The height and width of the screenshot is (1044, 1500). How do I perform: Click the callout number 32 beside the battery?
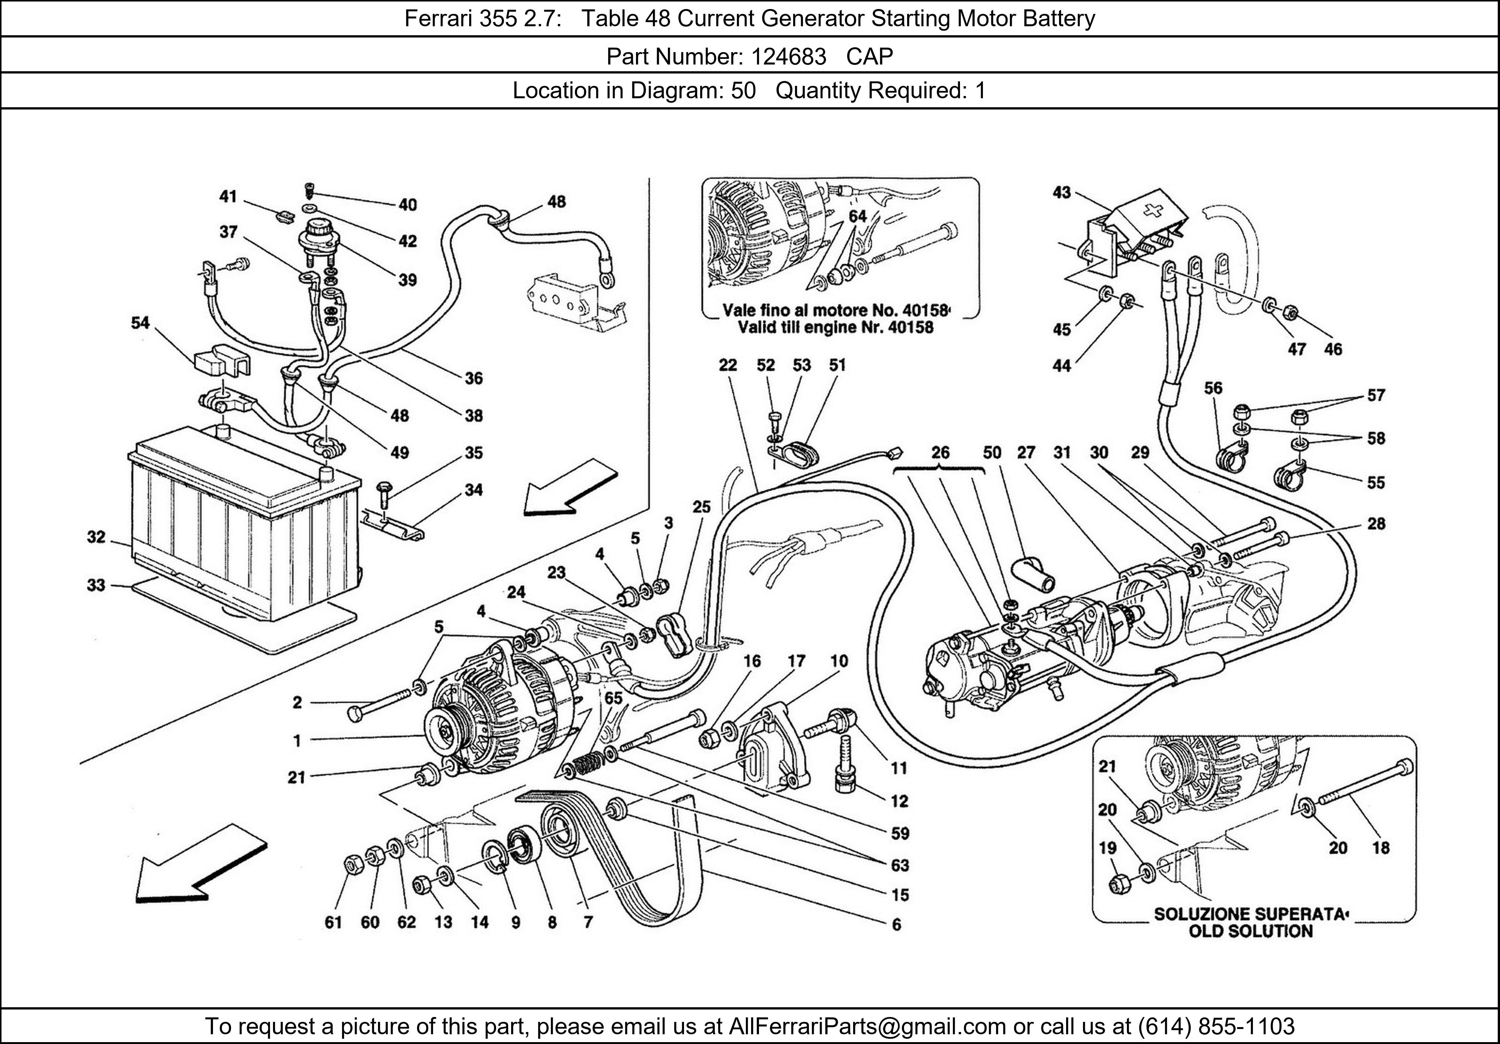click(x=96, y=537)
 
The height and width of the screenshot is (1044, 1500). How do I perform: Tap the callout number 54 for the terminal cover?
click(x=141, y=323)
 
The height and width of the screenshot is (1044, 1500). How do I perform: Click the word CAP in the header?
click(x=870, y=57)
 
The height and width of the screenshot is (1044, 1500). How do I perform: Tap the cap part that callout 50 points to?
click(x=1033, y=575)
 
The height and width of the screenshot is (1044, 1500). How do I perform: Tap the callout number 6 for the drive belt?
click(x=896, y=924)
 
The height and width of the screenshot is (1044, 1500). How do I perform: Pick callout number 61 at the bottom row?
click(x=333, y=922)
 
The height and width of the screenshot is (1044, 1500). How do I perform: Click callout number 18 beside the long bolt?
click(x=1380, y=848)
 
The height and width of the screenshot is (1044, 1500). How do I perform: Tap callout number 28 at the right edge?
click(x=1376, y=524)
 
